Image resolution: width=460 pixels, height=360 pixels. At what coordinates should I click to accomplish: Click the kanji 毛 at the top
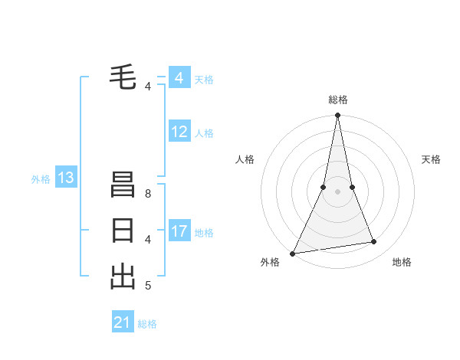(123, 76)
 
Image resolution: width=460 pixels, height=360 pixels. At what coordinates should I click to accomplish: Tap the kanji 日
(123, 231)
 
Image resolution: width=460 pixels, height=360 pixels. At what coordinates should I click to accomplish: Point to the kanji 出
(123, 276)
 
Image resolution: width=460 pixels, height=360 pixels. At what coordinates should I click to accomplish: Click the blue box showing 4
(179, 78)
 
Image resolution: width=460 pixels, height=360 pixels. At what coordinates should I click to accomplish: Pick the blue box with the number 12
(179, 132)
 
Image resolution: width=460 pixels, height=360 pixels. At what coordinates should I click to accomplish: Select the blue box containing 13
(66, 178)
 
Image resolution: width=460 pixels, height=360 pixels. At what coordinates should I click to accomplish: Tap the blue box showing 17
(179, 231)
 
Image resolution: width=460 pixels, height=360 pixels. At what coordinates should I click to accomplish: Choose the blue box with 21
(123, 322)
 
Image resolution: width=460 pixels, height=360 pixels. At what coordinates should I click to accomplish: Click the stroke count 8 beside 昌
(147, 194)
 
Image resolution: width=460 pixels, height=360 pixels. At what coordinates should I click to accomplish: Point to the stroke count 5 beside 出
(147, 286)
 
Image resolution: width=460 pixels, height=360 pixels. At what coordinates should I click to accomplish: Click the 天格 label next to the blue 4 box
(204, 80)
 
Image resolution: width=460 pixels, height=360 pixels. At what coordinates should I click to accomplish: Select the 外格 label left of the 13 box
(41, 179)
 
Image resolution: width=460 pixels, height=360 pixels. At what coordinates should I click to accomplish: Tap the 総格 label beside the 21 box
(147, 324)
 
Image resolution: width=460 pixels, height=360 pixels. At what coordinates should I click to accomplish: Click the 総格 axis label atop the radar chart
(337, 100)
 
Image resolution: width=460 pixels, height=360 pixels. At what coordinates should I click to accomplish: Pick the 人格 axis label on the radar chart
(245, 159)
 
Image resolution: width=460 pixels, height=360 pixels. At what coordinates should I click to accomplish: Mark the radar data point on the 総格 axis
(337, 116)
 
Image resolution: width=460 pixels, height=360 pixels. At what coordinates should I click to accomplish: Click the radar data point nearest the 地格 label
(374, 242)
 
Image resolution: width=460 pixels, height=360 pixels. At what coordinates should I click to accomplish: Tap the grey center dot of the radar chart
(337, 191)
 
